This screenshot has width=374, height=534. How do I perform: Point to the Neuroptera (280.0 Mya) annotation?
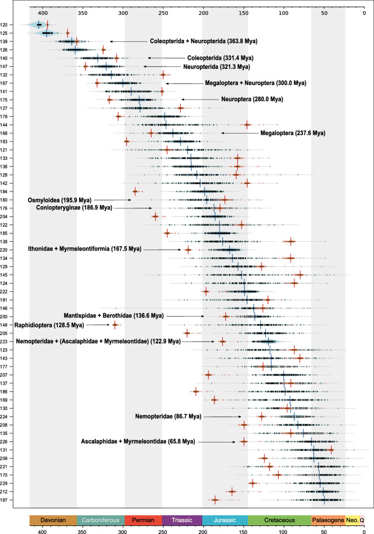(252, 100)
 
